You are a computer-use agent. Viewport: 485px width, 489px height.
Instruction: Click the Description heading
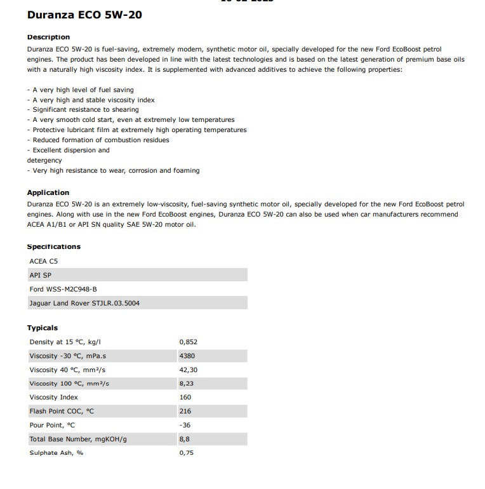click(48, 37)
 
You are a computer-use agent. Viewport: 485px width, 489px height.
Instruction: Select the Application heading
click(48, 192)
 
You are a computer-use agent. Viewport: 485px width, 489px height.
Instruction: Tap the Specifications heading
click(54, 246)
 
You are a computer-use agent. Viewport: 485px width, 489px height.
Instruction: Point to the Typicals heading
click(43, 328)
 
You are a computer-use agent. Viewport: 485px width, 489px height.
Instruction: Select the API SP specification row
click(40, 275)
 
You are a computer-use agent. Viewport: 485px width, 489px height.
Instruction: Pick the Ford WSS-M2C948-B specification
click(63, 289)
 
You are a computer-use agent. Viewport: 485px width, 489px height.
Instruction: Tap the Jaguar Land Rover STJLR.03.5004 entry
click(84, 303)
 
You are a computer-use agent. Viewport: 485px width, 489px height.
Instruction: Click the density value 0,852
click(189, 342)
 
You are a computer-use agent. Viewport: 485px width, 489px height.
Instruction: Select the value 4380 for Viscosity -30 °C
click(187, 356)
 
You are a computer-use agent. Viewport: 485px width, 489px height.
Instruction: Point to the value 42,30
click(189, 370)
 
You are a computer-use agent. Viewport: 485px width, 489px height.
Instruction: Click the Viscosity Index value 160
click(185, 397)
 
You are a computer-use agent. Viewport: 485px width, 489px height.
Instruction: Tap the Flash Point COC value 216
click(185, 411)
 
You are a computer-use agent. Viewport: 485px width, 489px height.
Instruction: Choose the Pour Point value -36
click(185, 425)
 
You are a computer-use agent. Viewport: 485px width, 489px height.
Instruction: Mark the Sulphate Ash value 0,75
click(187, 453)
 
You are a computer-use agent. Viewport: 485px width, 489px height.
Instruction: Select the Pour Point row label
click(52, 425)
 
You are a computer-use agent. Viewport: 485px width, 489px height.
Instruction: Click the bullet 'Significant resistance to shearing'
click(83, 110)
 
